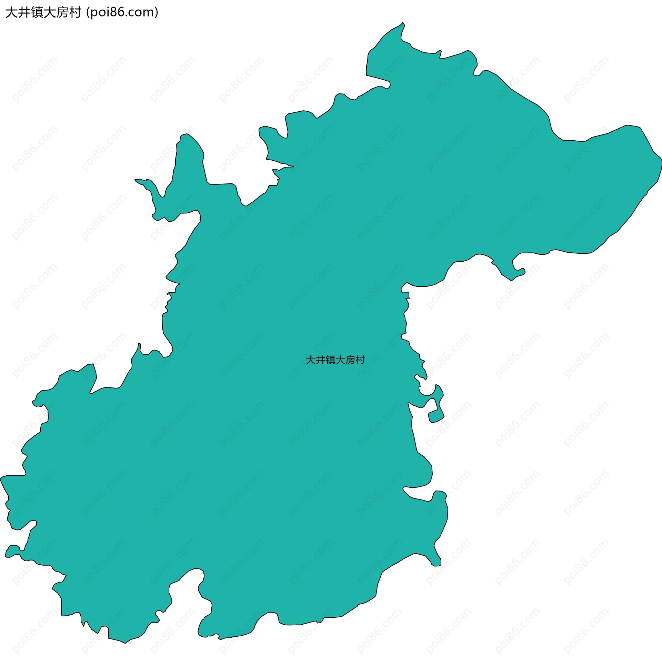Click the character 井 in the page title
24,12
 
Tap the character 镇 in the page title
37,12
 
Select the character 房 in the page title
62,12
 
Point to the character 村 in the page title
75,12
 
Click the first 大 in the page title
11,12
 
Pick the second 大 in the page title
50,12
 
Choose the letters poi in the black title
99,12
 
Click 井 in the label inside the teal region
321,360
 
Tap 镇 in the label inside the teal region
330,360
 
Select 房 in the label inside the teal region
350,360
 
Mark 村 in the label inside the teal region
360,360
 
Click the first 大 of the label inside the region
311,360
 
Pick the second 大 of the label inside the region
340,360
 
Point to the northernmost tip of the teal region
403,23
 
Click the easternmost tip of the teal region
661,159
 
